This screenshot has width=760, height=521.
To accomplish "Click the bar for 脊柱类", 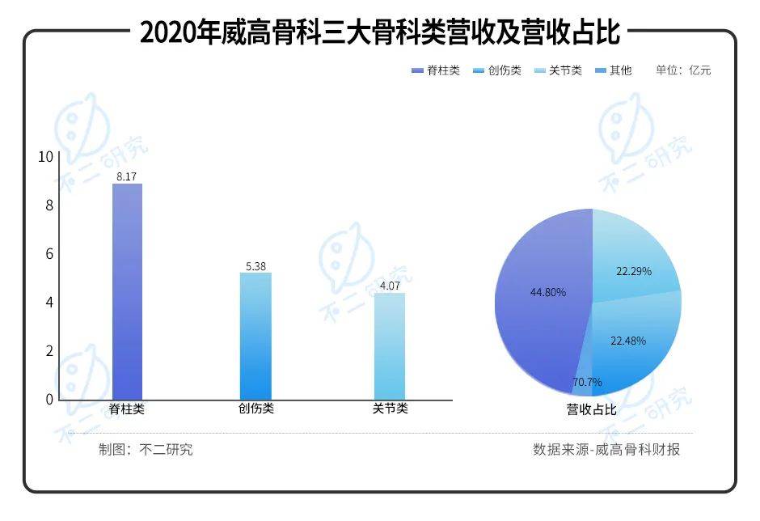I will pyautogui.click(x=127, y=291).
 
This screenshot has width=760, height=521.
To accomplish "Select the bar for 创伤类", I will pyautogui.click(x=255, y=336).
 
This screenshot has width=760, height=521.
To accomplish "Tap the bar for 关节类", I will pyautogui.click(x=389, y=345).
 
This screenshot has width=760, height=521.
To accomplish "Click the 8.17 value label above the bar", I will pyautogui.click(x=127, y=176).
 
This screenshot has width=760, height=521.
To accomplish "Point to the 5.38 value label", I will pyautogui.click(x=255, y=265).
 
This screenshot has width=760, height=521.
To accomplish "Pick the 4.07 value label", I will pyautogui.click(x=389, y=286).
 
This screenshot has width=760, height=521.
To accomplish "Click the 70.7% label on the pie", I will pyautogui.click(x=587, y=382).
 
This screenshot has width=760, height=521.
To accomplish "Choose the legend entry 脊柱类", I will pyautogui.click(x=436, y=70).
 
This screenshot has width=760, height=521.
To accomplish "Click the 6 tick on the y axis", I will pyautogui.click(x=49, y=254).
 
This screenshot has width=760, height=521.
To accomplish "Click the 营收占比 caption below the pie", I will pyautogui.click(x=591, y=410).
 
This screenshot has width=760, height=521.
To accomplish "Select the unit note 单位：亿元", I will pyautogui.click(x=683, y=70).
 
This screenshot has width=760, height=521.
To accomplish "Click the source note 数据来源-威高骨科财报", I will pyautogui.click(x=606, y=450).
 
